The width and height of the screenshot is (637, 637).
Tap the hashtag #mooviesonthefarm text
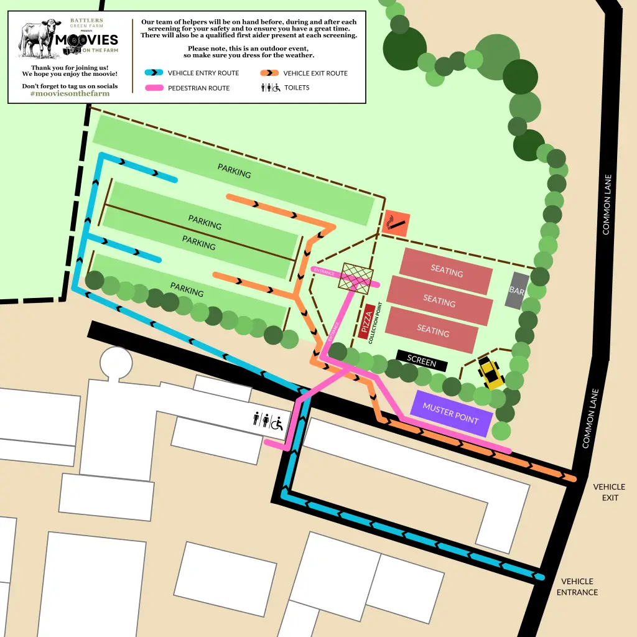pyautogui.click(x=70, y=94)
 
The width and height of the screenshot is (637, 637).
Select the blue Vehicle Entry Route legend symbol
pyautogui.click(x=154, y=73)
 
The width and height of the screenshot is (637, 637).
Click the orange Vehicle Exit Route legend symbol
pyautogui.click(x=269, y=73)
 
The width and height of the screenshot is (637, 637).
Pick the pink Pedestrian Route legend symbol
pyautogui.click(x=154, y=88)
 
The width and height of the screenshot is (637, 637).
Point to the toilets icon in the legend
pyautogui.click(x=269, y=88)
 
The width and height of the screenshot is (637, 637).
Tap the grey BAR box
pyautogui.click(x=517, y=291)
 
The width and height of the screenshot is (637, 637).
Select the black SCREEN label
pyautogui.click(x=421, y=360)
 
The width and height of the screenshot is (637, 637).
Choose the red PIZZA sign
pyautogui.click(x=367, y=322)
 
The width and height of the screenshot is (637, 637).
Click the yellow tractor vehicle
pyautogui.click(x=491, y=373)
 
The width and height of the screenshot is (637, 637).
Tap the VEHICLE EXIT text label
pyautogui.click(x=609, y=492)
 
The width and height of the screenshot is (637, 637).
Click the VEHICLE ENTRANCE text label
pyautogui.click(x=577, y=587)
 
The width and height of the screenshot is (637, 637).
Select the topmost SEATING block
pyautogui.click(x=447, y=271)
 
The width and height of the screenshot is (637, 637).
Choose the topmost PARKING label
pyautogui.click(x=235, y=170)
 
